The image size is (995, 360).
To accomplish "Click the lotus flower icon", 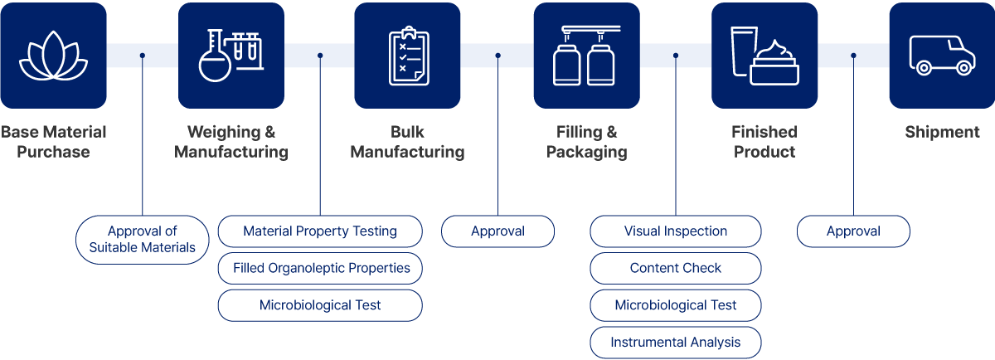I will coord(53,55).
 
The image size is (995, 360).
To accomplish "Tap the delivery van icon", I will coord(941,55).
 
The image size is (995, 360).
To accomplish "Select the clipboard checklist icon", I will coord(407,55).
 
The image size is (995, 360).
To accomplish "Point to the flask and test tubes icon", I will coord(230,55).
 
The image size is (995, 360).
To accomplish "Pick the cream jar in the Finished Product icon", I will coord(774,66).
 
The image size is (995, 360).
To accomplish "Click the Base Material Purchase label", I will coord(53,142).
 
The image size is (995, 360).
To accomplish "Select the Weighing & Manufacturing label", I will coord(231,142).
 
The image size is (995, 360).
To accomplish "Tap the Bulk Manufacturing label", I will coord(407,142).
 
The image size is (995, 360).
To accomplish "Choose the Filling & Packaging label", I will coord(586,142).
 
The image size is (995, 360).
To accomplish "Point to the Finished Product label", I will coord(764,142).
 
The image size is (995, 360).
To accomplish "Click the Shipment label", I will coord(942,132).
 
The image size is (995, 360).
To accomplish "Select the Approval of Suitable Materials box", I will coord(142,240).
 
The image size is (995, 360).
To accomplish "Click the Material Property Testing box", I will coord(319,231).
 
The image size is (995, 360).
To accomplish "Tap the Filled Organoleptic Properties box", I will coord(319,269).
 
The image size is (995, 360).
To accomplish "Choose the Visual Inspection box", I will coord(675,231).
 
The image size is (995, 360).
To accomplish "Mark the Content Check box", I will coord(675,269).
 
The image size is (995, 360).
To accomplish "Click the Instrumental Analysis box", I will coord(675,342).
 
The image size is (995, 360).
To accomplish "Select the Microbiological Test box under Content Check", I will coord(675,305).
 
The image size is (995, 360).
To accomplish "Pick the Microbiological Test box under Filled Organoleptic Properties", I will coord(319,305).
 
